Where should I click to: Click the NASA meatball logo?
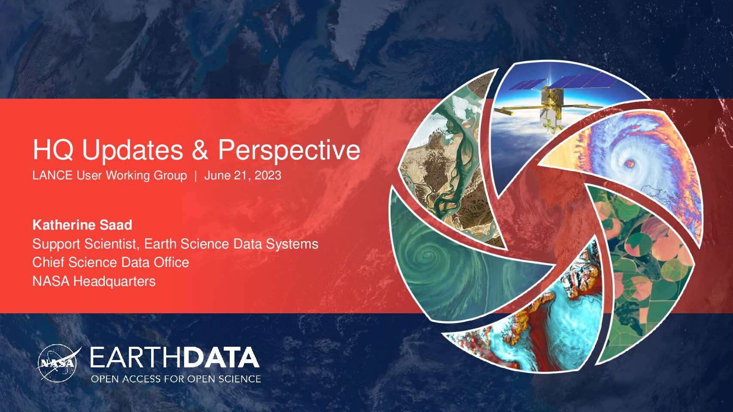tap(58, 363)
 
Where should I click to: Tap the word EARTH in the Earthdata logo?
tap(135, 357)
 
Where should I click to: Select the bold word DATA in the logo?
tap(220, 357)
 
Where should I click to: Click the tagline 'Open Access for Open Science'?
tap(176, 379)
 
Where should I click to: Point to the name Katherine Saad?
tap(82, 225)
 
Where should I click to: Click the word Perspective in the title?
tap(289, 150)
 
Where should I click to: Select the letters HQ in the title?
tap(53, 149)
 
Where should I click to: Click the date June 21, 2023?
tap(243, 176)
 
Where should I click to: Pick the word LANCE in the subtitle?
tap(52, 175)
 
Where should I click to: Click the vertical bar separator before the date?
tap(196, 176)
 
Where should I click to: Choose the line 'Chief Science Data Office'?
tap(111, 262)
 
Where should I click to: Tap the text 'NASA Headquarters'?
tap(94, 281)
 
